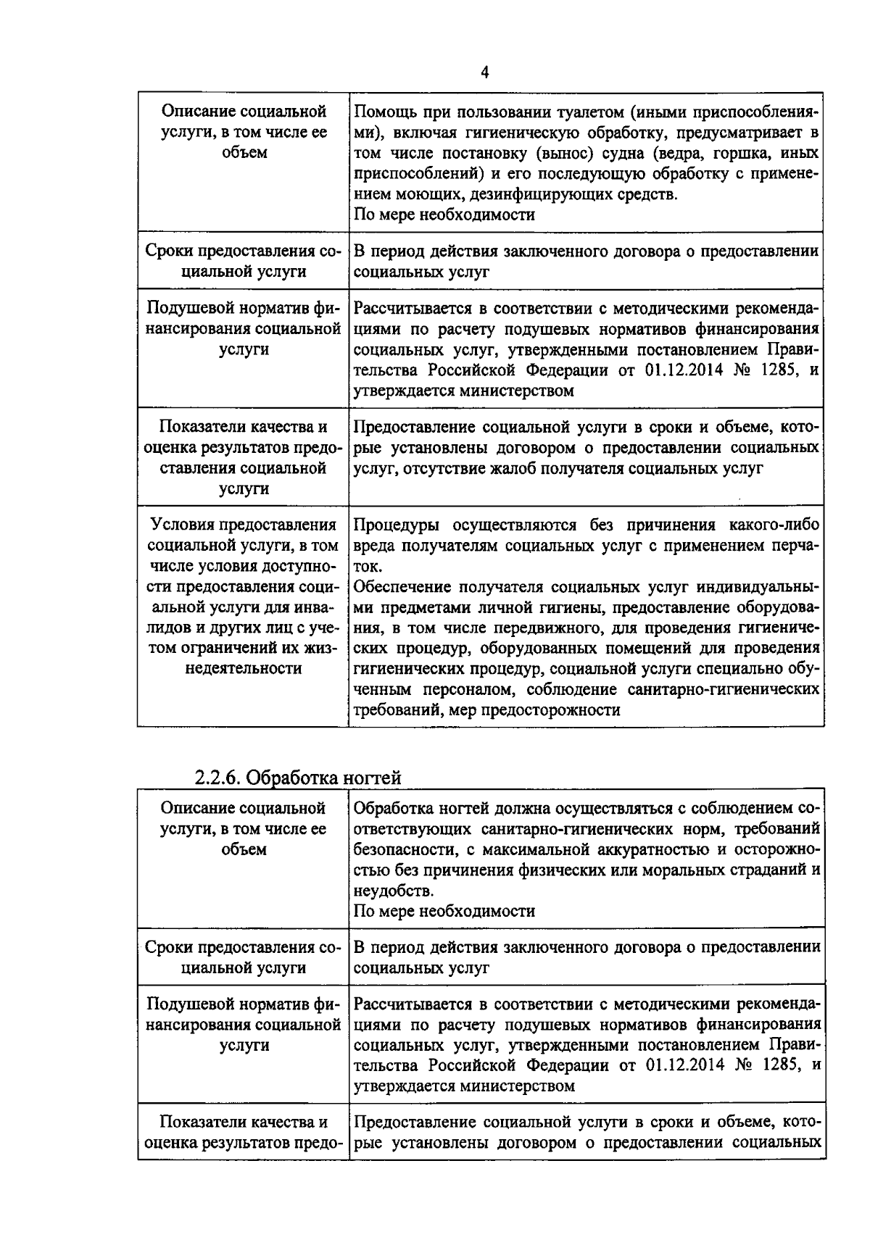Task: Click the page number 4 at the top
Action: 484,72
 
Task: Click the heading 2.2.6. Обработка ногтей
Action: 297,778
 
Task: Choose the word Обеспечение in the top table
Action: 401,586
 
